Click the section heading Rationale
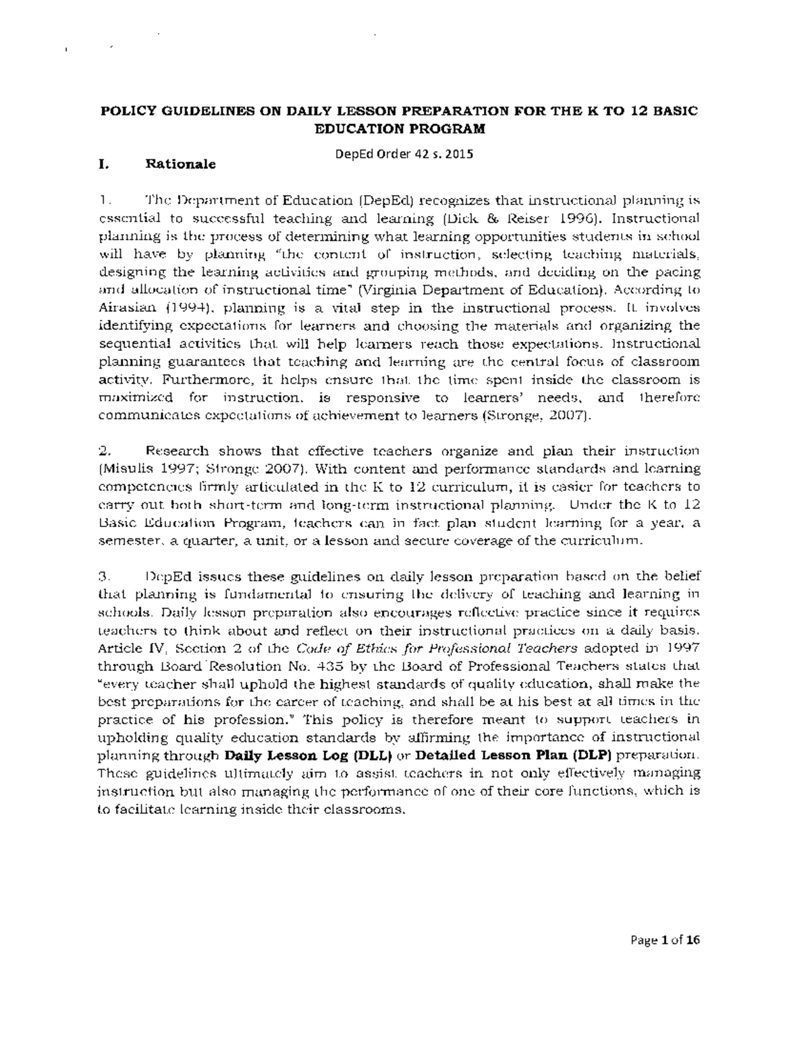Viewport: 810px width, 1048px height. pos(181,164)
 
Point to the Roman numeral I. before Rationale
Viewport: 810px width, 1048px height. pos(103,164)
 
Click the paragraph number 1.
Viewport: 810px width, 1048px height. pos(103,200)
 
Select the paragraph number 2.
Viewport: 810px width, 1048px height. pos(103,451)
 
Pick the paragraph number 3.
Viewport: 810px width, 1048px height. pos(103,576)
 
